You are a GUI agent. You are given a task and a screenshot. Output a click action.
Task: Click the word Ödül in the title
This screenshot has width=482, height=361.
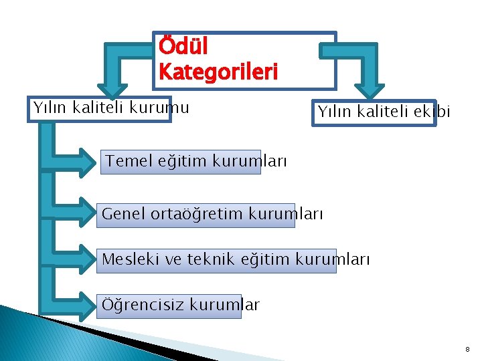tap(183, 47)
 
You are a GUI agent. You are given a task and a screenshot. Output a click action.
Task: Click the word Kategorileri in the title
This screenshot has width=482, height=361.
tap(218, 71)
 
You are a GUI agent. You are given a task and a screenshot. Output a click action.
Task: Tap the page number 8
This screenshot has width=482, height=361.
tap(467, 349)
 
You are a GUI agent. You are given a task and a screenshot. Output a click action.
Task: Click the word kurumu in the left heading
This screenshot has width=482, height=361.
tap(163, 107)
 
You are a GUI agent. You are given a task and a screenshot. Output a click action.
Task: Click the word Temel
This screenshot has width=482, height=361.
tap(129, 161)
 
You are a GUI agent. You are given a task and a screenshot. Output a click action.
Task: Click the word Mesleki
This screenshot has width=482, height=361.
tap(131, 260)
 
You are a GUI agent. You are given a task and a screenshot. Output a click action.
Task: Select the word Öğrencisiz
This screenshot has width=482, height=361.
tap(142, 306)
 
